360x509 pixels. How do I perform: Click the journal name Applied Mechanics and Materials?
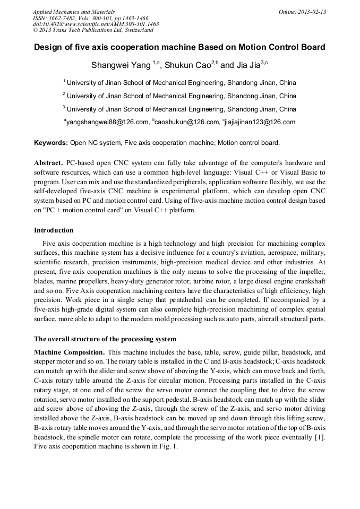coord(74,12)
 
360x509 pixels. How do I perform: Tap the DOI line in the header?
coord(96,24)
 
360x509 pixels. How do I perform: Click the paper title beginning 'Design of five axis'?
coord(179,47)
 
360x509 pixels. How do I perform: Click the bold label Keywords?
coord(51,143)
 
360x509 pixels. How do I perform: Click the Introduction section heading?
coord(54,230)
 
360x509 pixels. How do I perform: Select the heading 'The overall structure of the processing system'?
coord(105,339)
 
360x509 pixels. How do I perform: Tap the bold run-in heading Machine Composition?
coord(69,352)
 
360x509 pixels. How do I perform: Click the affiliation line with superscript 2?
coord(179,96)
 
